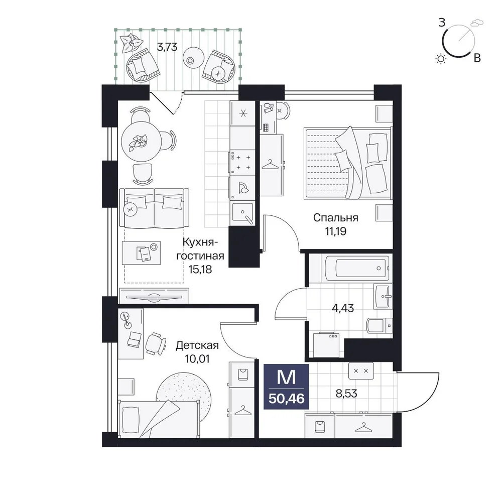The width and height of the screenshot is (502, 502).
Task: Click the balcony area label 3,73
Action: click(x=167, y=47)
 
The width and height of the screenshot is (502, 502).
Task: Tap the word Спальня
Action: click(x=335, y=218)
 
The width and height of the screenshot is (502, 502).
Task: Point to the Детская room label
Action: click(x=197, y=345)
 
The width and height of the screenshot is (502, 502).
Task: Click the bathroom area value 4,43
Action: click(x=343, y=308)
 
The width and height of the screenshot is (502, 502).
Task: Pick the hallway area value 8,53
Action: click(x=346, y=393)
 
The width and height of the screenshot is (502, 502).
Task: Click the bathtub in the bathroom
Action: click(x=357, y=268)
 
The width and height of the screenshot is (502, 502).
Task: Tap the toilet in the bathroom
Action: click(x=379, y=326)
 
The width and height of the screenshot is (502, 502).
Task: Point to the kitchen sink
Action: click(x=242, y=213)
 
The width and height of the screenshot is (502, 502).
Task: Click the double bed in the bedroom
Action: click(x=347, y=163)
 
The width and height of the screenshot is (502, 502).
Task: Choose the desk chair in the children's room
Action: click(x=156, y=344)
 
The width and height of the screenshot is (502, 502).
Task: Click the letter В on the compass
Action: click(x=477, y=58)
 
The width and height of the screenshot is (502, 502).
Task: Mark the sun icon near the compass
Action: click(x=441, y=59)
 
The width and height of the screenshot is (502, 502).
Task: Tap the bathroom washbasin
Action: click(x=383, y=296)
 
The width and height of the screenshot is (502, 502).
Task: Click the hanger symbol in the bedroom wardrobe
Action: click(x=270, y=165)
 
